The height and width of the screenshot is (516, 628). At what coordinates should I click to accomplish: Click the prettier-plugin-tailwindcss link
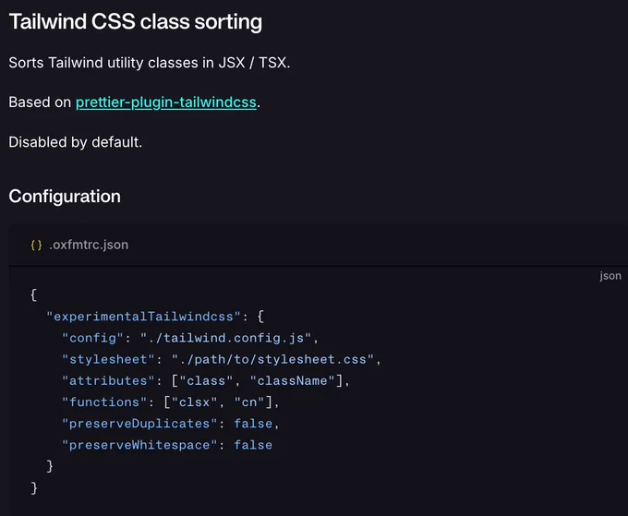pyautogui.click(x=166, y=102)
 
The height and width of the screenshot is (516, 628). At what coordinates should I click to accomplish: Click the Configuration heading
pyautogui.click(x=65, y=197)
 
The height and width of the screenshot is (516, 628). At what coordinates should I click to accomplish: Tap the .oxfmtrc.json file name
pyautogui.click(x=89, y=245)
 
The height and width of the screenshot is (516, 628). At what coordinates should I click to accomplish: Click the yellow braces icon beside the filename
pyautogui.click(x=36, y=245)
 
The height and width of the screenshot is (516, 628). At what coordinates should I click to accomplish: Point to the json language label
pyautogui.click(x=610, y=276)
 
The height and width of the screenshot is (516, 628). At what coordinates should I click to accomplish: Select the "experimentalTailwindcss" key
pyautogui.click(x=143, y=317)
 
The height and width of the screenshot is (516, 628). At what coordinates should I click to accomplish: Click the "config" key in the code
pyautogui.click(x=93, y=338)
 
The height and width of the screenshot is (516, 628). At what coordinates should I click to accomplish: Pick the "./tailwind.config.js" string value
pyautogui.click(x=225, y=338)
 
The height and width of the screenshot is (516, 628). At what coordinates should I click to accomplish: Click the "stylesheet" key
pyautogui.click(x=109, y=359)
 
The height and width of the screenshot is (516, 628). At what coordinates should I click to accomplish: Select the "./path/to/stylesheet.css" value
pyautogui.click(x=272, y=359)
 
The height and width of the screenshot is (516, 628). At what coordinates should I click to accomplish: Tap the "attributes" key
pyautogui.click(x=109, y=380)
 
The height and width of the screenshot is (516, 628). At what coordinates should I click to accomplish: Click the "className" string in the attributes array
pyautogui.click(x=292, y=380)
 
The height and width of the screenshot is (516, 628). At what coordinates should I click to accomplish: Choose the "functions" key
pyautogui.click(x=104, y=402)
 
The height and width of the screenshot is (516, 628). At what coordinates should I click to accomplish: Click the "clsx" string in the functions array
pyautogui.click(x=194, y=402)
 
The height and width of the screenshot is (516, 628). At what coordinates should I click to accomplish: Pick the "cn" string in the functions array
pyautogui.click(x=249, y=402)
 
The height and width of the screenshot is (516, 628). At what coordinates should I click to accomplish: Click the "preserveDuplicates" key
pyautogui.click(x=139, y=424)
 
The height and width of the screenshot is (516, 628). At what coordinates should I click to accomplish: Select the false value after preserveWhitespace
pyautogui.click(x=253, y=445)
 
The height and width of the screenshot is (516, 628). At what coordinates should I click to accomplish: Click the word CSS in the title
pyautogui.click(x=114, y=21)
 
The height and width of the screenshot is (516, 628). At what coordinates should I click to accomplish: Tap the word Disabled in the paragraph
pyautogui.click(x=38, y=142)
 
